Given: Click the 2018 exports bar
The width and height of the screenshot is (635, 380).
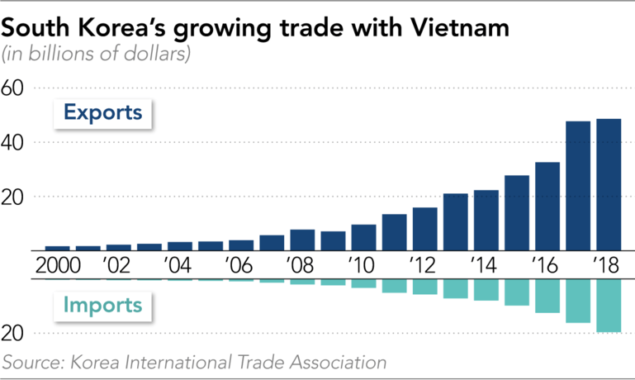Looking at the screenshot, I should pos(609,184).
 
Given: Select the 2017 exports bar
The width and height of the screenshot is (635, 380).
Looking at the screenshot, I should pos(578,186).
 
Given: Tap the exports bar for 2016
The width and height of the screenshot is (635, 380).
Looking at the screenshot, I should pos(547,206).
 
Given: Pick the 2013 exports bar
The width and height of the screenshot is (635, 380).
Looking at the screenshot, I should pos(455,221).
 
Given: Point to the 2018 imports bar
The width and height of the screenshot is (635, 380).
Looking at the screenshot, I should pos(609,306).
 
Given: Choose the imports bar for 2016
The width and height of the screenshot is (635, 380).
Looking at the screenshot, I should pos(547,296).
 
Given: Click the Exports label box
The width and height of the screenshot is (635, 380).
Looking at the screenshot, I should pos(103,112).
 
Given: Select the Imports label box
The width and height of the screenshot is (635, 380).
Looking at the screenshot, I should pos(103,306).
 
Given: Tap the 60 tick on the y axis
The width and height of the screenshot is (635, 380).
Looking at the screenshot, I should pos(17,88).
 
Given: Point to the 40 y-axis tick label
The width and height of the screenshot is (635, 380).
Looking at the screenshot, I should pos(17,142).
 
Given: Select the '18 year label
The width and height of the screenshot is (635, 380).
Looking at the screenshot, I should pos(607,266).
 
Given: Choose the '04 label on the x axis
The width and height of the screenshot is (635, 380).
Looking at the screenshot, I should pos(179,266).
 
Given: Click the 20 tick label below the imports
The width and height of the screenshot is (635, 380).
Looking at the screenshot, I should pos(17,333).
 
